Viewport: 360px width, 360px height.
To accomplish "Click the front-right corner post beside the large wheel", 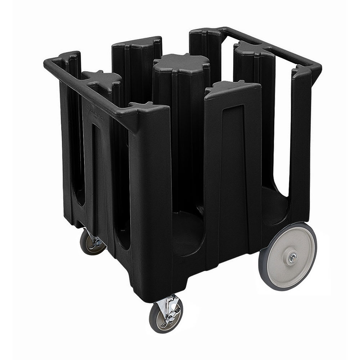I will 301,144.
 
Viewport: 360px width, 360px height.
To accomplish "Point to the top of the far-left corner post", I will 68,56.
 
